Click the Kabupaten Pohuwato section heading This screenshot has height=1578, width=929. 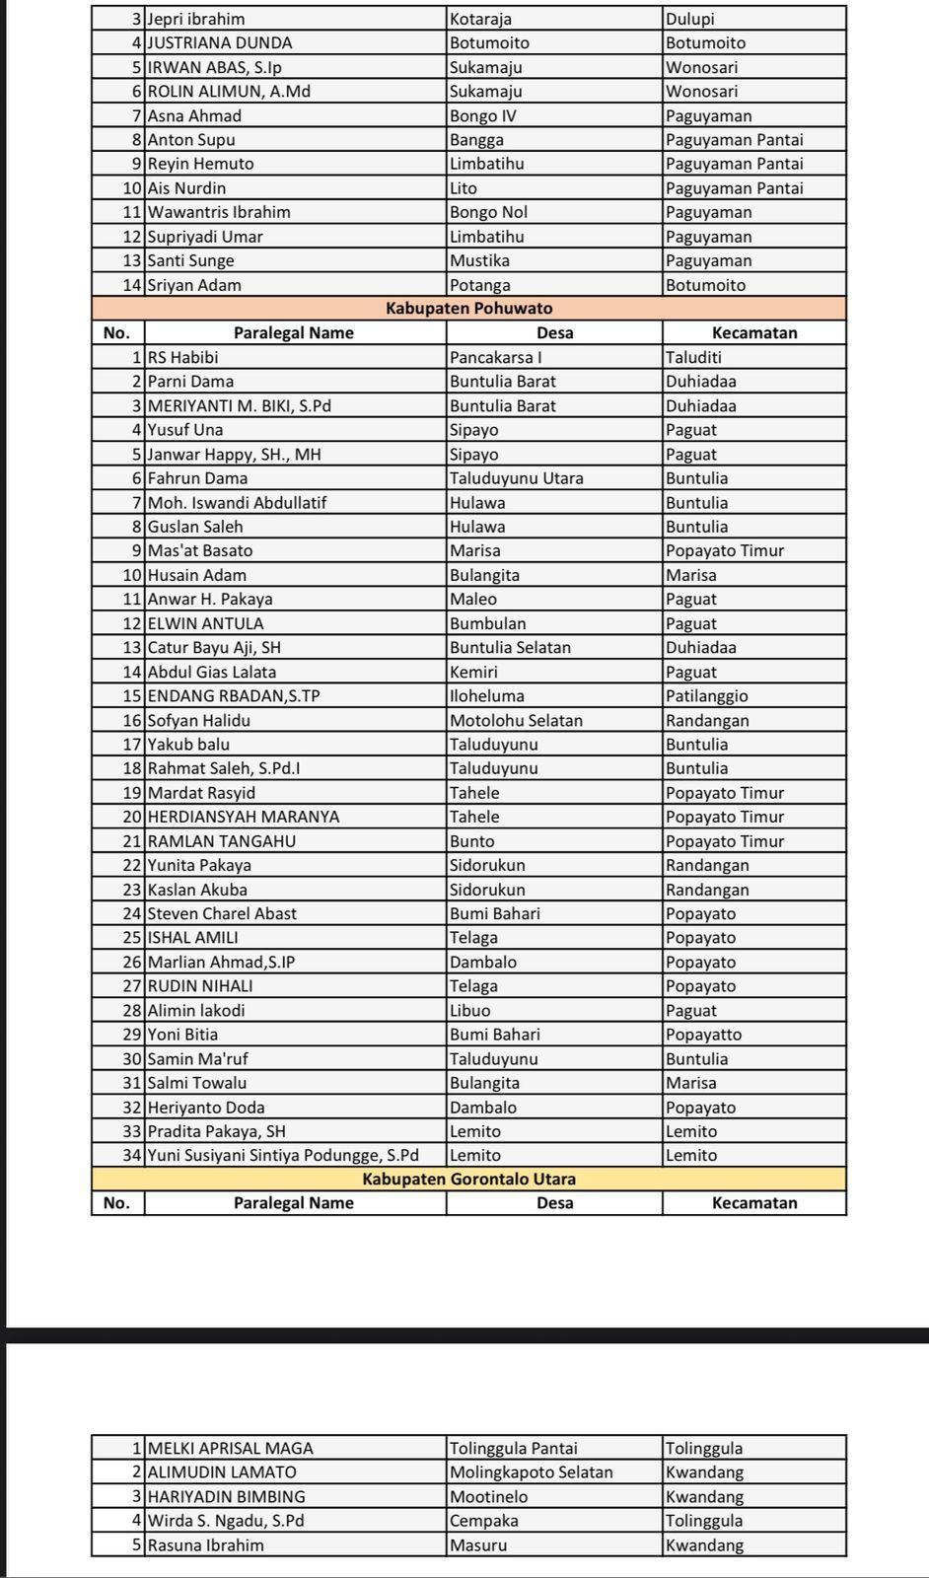coord(468,309)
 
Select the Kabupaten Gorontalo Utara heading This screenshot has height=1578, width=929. coord(468,1180)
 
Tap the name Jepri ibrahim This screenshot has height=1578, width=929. coord(196,19)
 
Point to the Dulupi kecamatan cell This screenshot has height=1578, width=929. coord(690,19)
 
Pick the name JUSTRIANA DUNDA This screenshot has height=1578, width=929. coord(220,43)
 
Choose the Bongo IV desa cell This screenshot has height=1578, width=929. coord(483,115)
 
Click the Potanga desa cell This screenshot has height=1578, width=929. coord(480,285)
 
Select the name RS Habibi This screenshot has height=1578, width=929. coord(183,357)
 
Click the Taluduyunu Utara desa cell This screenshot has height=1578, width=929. coord(517,478)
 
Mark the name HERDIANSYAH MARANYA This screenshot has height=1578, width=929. coord(244,817)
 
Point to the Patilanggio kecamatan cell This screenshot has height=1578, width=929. coord(707,696)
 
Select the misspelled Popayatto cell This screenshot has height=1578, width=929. coord(704,1035)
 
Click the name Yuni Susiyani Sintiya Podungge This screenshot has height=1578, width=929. coord(283,1155)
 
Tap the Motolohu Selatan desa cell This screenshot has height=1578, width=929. coord(516,720)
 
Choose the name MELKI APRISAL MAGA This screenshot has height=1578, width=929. coord(231,1449)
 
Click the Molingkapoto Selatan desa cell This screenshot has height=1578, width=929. coord(532,1472)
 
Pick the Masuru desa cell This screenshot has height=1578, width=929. coord(478,1545)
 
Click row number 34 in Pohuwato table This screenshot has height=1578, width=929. coord(132,1155)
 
